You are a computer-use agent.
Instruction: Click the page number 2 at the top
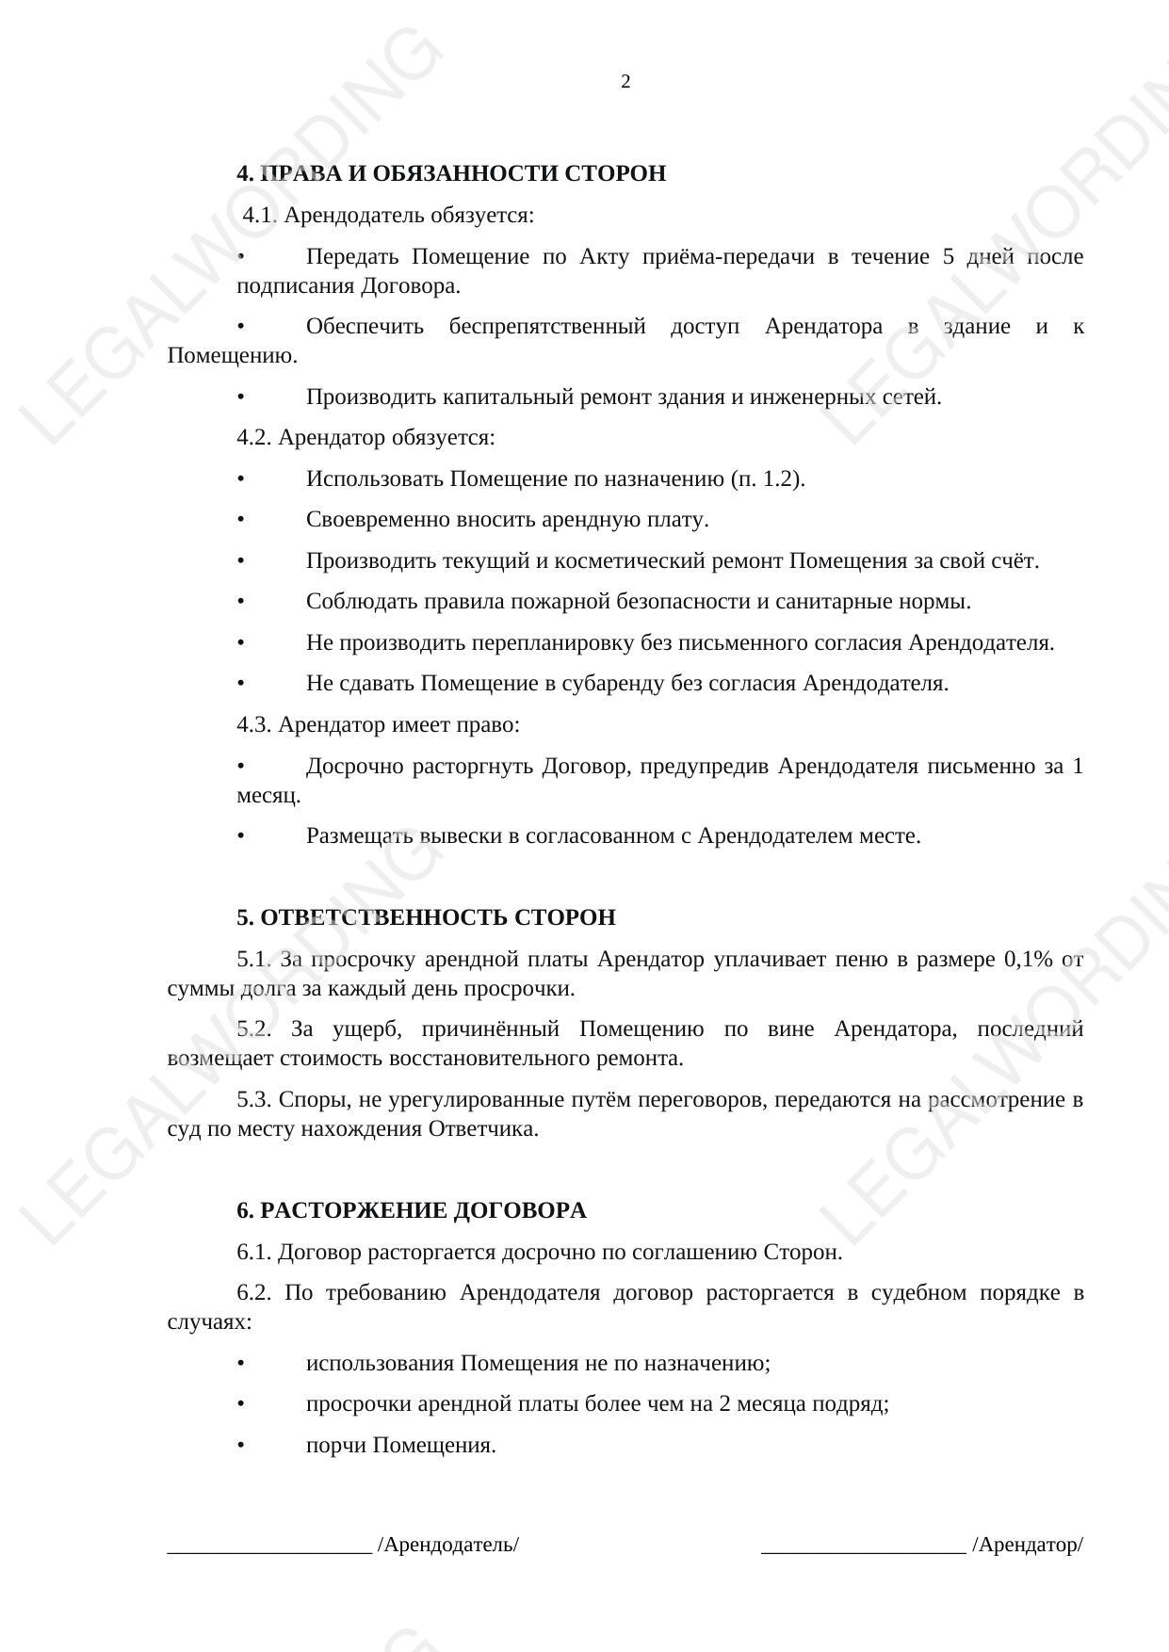(x=625, y=82)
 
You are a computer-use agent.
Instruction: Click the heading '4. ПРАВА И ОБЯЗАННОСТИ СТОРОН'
(x=451, y=174)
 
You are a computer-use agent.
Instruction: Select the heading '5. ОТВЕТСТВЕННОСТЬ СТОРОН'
(x=426, y=918)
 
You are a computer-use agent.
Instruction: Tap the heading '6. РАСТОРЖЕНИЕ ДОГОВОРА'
(x=411, y=1211)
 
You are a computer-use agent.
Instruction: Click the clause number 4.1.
(x=258, y=216)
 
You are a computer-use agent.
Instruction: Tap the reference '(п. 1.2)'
(x=767, y=479)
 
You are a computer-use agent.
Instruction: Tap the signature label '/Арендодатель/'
(x=447, y=1546)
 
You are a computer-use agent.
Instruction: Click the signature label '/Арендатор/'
(x=1028, y=1546)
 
